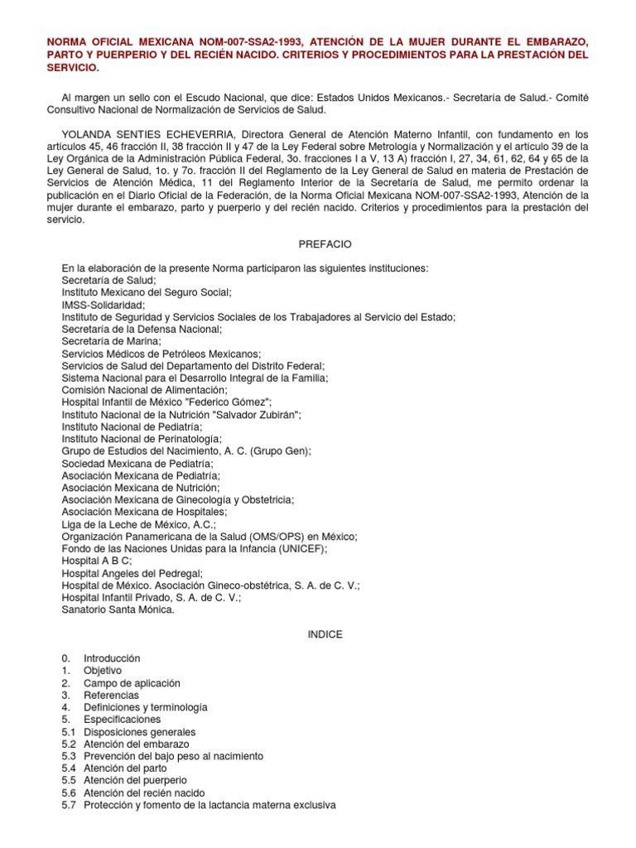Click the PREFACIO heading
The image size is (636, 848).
[325, 244]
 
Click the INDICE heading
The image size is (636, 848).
[324, 634]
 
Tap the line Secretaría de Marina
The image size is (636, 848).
[112, 341]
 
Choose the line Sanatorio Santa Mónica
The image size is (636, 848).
[118, 609]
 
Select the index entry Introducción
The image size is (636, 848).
[112, 658]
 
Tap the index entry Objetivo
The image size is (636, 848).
[103, 671]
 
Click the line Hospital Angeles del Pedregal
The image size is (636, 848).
[132, 573]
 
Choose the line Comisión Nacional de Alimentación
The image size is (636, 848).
[144, 390]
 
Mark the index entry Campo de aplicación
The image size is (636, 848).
[132, 683]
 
